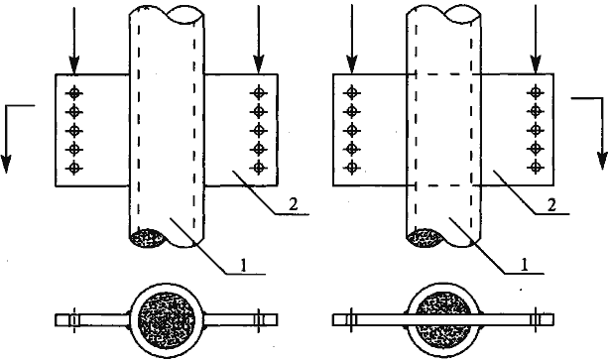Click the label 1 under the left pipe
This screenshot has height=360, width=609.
tap(244, 265)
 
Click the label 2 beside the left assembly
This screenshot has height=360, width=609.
tap(294, 204)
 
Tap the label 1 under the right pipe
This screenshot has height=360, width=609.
tap(525, 265)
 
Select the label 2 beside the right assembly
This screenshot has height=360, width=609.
tap(551, 204)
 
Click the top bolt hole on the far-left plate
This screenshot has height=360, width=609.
tap(73, 93)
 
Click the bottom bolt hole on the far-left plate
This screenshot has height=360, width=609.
tap(73, 168)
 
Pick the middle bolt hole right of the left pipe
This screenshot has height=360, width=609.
tap(259, 130)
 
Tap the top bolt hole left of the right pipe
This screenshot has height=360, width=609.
tap(352, 92)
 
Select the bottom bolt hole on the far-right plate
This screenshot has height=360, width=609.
tap(536, 168)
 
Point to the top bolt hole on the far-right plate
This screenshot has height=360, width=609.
tap(536, 92)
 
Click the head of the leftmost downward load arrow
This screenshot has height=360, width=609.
tap(73, 64)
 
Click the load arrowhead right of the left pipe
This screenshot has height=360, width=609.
tap(259, 64)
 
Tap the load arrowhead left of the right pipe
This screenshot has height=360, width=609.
tap(352, 64)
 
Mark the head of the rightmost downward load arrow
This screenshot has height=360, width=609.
tap(536, 64)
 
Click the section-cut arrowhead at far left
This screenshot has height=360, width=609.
tap(6, 163)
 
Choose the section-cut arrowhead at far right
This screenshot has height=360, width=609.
tap(602, 160)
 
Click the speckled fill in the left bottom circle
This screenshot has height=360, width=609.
tap(167, 320)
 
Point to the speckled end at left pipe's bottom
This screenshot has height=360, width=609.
tap(147, 238)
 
